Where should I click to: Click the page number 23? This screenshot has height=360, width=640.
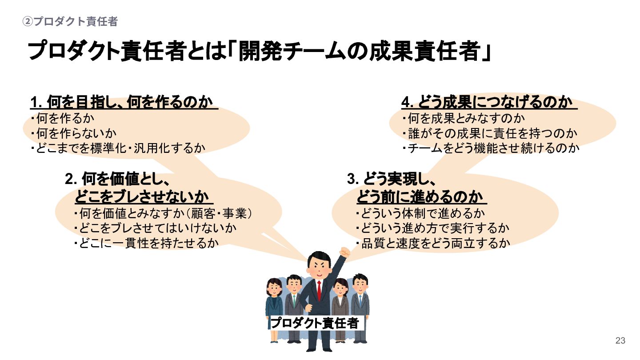point(620,341)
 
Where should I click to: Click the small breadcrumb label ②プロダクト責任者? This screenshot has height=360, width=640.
point(70,21)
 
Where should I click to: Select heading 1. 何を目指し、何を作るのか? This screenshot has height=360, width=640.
point(123,103)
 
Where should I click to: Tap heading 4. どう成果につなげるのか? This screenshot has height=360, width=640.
point(489,103)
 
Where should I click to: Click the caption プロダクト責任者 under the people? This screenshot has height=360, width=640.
point(315,323)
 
